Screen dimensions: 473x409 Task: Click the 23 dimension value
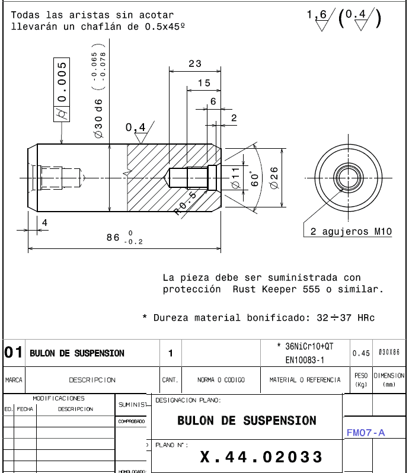[195, 64]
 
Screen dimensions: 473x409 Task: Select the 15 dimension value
[204, 84]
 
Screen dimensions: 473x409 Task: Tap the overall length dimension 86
[113, 238]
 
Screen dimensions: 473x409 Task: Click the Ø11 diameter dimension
[235, 178]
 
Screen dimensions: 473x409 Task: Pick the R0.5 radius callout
[185, 203]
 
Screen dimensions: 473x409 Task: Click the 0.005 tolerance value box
[62, 84]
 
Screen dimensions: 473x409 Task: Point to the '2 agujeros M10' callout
[351, 232]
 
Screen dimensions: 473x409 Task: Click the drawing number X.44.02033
[261, 457]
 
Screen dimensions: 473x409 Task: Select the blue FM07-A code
[365, 433]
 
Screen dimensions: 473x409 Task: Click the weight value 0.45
[360, 353]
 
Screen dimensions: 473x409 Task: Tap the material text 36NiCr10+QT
[305, 346]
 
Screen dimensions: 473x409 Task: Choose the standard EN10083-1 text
[305, 360]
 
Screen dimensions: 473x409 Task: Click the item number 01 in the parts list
[13, 353]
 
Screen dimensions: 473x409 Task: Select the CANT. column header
[170, 380]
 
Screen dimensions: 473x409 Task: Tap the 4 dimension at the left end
[44, 223]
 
